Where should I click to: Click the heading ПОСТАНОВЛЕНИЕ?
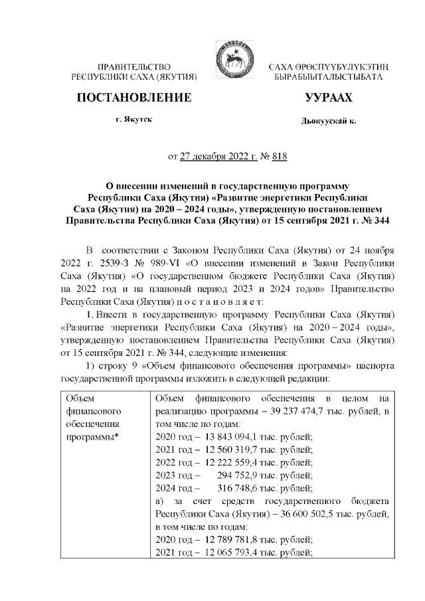point(135,98)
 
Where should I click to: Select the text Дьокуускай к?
point(328,122)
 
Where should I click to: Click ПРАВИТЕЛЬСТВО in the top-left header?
point(135,68)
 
